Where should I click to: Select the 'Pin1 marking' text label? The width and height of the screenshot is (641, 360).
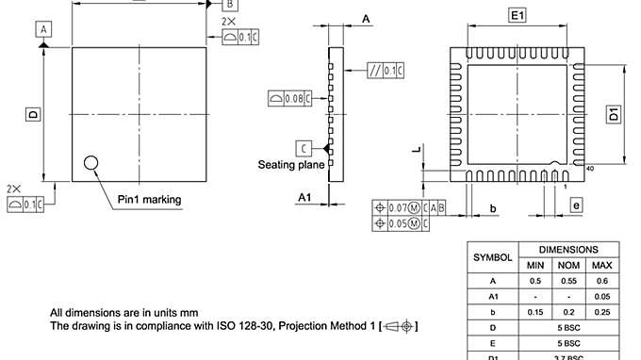point(149,200)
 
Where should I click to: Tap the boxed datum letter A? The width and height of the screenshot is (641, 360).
point(43,30)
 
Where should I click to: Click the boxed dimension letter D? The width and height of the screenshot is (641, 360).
point(32,114)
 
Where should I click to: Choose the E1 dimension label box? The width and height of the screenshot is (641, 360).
point(518,16)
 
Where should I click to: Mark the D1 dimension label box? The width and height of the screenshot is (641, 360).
point(613,115)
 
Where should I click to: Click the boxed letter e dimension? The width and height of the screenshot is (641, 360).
point(576,204)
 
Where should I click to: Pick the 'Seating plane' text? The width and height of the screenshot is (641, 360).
point(291,164)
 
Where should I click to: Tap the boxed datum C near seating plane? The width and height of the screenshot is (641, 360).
point(304,147)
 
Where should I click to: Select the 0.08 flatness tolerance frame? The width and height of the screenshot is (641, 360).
point(288,97)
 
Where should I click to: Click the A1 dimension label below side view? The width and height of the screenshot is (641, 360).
point(304,196)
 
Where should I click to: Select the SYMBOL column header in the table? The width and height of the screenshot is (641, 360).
point(492,256)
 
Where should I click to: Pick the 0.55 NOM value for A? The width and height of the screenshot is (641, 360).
point(568,280)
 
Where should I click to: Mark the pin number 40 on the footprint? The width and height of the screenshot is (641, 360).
point(590,169)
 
